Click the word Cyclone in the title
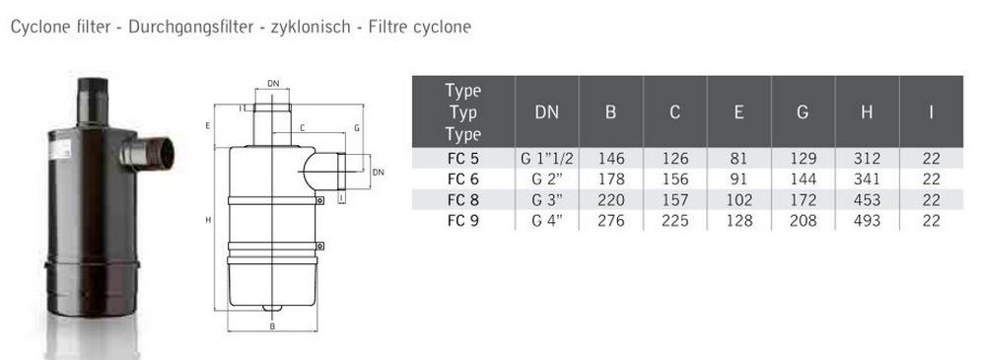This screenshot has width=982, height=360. point(36,27)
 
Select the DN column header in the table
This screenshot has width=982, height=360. point(547,112)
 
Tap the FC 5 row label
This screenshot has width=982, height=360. point(463,159)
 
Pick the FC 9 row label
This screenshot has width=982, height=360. point(463,221)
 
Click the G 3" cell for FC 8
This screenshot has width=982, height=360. point(547,200)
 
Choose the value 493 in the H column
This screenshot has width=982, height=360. point(867,221)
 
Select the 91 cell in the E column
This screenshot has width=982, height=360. point(738,180)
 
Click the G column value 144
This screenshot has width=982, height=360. point(803,180)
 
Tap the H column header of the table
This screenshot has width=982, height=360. point(867,112)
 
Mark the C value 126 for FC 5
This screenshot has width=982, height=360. point(674,159)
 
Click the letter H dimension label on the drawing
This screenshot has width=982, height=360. point(207,220)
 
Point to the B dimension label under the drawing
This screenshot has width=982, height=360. point(272,326)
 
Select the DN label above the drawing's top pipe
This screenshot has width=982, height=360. point(273,83)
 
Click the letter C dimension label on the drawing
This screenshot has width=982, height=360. point(302,128)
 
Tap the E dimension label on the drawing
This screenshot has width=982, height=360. point(207,126)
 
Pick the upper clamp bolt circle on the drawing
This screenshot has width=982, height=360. point(320,201)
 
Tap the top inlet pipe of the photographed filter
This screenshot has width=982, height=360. point(93,102)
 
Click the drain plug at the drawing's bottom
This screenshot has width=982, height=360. point(272,308)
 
